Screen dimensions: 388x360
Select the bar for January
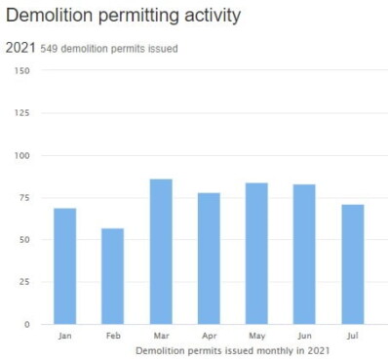(x=65, y=266)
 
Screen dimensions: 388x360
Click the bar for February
(x=112, y=276)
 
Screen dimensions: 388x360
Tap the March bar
(x=161, y=252)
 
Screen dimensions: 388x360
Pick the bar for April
(x=209, y=259)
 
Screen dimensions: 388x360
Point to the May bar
(x=256, y=254)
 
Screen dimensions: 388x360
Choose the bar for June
(x=304, y=255)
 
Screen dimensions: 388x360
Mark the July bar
(x=353, y=264)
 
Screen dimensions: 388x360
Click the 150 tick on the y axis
(x=21, y=70)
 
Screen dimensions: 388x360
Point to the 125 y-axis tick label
(x=21, y=113)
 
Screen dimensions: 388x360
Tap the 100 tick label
(x=21, y=155)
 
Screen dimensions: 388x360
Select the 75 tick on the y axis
(x=24, y=198)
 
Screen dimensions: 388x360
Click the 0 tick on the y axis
(x=27, y=324)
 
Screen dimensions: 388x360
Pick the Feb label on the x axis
(x=113, y=336)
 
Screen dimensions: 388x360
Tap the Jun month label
(x=304, y=336)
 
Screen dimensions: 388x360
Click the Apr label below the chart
(x=210, y=336)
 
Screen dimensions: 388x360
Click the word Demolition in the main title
(x=50, y=15)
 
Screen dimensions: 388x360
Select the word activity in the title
(x=213, y=16)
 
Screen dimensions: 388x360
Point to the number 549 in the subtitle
(x=49, y=49)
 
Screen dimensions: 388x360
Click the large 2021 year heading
(x=20, y=48)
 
